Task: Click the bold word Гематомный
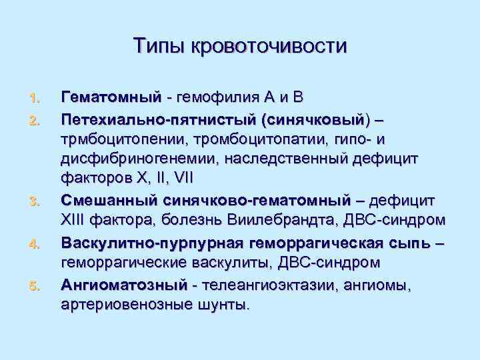111,97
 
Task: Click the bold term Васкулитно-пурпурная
156,242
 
